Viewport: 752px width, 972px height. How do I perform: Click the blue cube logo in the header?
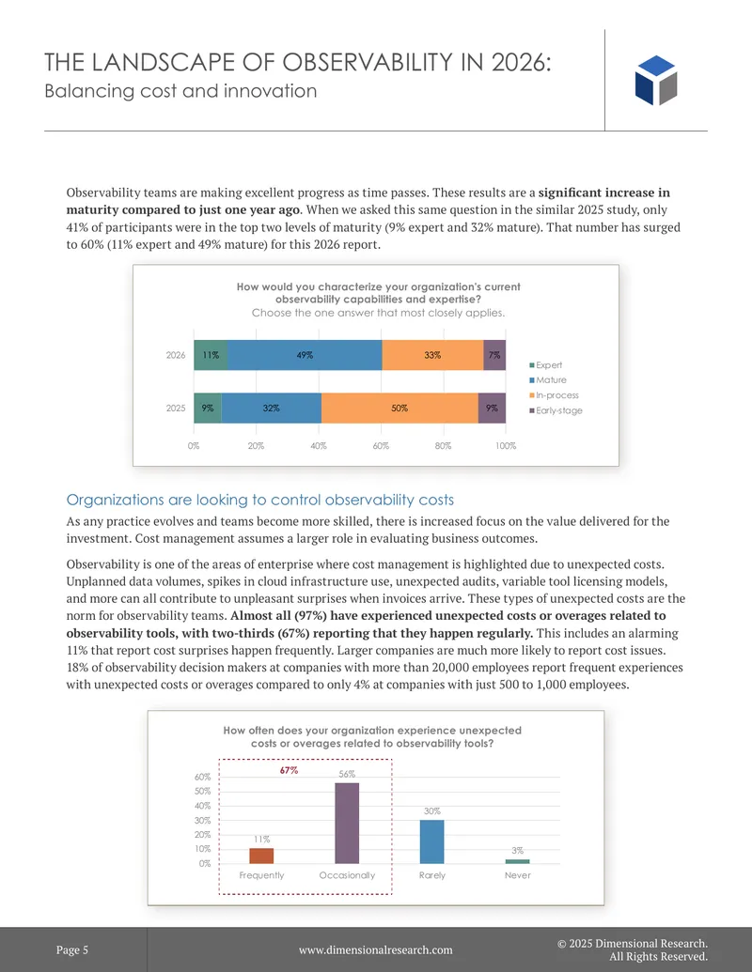[656, 80]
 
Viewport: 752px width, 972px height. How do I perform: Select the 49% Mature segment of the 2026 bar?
[305, 355]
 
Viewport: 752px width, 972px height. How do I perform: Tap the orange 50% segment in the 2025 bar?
[399, 408]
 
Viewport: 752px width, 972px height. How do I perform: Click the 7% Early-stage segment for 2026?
[494, 355]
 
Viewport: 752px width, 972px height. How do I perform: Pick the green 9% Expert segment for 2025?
[208, 408]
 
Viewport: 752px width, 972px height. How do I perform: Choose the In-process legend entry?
[554, 394]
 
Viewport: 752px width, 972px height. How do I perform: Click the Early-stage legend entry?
[556, 410]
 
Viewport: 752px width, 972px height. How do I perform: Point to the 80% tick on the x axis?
[443, 446]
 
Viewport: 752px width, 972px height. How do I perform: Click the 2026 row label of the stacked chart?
[176, 355]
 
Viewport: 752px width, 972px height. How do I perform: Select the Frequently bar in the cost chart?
[261, 856]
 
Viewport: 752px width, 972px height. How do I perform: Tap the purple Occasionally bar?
[347, 824]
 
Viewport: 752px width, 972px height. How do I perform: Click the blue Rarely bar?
[431, 841]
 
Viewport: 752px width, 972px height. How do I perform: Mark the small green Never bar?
[517, 861]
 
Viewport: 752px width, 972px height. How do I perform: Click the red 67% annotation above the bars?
[290, 770]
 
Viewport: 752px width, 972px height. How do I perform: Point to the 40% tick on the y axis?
[202, 806]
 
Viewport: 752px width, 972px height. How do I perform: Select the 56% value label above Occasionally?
[347, 774]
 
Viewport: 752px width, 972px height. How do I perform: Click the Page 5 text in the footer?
[72, 949]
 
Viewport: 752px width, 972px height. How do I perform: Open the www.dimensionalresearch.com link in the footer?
[375, 949]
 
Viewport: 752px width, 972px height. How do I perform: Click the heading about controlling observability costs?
[260, 500]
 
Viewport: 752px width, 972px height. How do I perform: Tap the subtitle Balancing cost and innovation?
[180, 91]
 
